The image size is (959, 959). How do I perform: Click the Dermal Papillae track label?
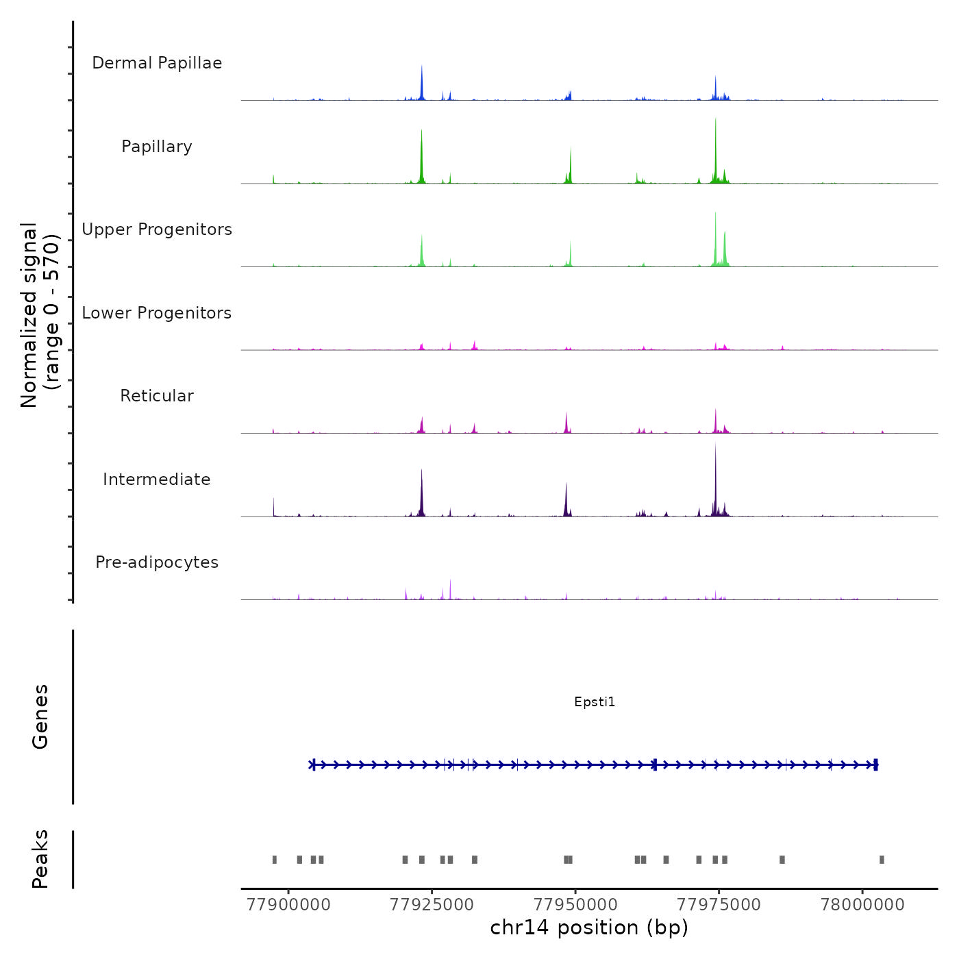point(157,63)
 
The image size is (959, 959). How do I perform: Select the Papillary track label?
point(157,147)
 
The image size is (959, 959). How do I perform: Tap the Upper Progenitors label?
point(157,229)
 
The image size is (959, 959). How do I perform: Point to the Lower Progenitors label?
point(157,313)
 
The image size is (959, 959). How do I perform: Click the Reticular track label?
point(157,396)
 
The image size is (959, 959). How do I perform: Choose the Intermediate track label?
point(157,480)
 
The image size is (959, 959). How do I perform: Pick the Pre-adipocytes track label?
point(157,562)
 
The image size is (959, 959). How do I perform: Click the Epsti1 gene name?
point(595,701)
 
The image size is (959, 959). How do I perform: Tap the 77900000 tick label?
point(288,905)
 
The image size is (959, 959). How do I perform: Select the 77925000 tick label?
point(432,905)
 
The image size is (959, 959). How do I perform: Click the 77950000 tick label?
point(575,905)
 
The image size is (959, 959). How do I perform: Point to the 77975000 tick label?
point(719,905)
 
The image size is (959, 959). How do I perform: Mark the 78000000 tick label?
point(862,905)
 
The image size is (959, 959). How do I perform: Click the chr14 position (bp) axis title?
point(589,927)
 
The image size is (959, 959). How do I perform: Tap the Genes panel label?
point(40,717)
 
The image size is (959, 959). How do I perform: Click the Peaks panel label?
point(40,859)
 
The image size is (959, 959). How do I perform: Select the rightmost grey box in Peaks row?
point(882,860)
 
